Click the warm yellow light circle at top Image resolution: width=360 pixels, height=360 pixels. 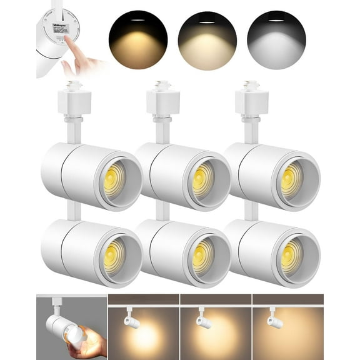137,40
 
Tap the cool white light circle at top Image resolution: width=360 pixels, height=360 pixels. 276,40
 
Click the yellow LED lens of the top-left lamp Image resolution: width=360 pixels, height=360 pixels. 114,179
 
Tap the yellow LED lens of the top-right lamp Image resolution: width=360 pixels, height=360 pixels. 291,179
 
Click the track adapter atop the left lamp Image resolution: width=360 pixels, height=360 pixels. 74,100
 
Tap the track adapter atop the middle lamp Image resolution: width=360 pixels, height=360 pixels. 163,100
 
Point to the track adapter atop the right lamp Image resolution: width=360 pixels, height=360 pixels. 252,100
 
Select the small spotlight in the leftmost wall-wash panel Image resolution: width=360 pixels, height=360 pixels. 131,319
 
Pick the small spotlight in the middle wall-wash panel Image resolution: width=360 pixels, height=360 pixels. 204,319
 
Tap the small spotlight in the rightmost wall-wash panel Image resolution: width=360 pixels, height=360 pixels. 275,319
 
